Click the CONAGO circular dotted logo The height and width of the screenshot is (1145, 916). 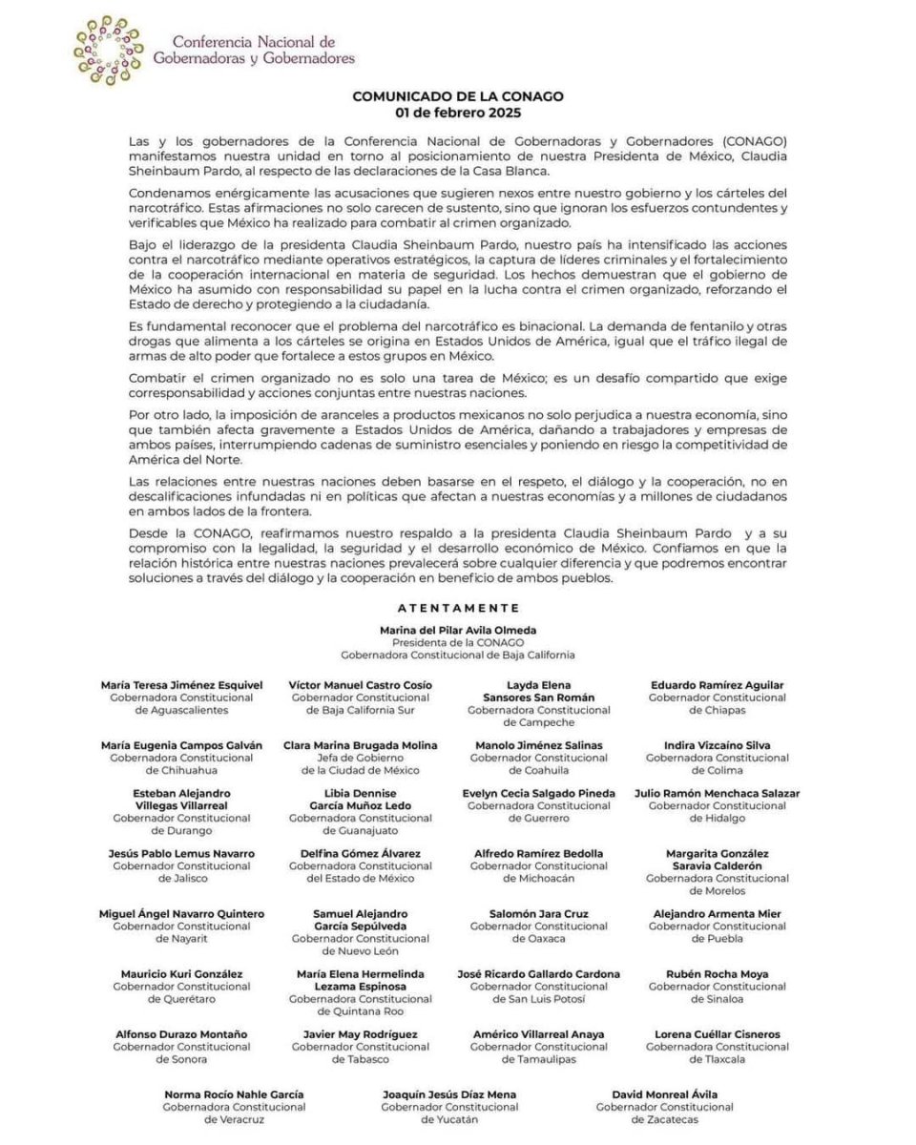(109, 51)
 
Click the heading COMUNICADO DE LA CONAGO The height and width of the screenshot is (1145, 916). (458, 95)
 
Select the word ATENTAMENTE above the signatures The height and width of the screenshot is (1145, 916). (458, 607)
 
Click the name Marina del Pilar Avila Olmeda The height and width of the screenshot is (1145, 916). (458, 630)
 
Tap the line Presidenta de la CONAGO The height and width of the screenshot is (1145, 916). (458, 642)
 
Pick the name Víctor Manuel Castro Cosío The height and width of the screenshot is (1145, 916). (361, 685)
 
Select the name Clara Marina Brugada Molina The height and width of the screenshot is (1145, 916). (361, 745)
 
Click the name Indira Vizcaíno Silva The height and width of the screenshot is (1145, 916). (718, 745)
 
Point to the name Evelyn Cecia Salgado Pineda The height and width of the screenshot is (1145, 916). (539, 793)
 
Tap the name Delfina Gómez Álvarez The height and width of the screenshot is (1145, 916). (361, 853)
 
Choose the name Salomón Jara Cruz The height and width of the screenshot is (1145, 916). (539, 913)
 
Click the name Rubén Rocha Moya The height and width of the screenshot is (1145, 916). (718, 974)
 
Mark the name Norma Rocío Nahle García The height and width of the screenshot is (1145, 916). (234, 1094)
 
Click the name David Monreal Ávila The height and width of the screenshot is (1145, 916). (665, 1094)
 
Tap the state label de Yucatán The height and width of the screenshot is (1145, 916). (449, 1119)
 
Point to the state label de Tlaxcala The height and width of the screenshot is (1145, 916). (718, 1059)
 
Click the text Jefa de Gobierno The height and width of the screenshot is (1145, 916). (361, 758)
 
